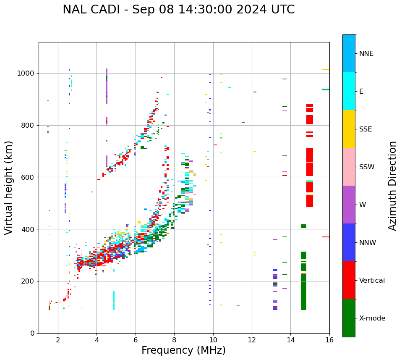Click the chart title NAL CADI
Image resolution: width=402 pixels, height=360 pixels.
178,10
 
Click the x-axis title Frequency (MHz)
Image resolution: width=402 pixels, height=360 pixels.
183,350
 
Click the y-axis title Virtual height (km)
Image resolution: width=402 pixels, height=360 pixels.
9,187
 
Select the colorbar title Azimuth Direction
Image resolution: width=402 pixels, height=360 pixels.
392,186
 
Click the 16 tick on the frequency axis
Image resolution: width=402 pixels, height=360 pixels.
329,340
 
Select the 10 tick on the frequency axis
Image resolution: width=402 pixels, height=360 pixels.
213,340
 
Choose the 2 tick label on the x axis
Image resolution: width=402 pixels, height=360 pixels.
58,340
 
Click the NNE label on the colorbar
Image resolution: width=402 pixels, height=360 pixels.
366,54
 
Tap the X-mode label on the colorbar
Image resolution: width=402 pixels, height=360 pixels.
372,318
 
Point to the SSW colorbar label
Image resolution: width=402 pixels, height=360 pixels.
366,167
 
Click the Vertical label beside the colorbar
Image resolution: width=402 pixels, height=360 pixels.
372,281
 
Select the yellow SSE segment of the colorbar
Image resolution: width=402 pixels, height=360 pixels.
349,129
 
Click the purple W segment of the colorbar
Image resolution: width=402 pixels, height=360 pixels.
349,205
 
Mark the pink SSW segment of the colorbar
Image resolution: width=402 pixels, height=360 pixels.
349,167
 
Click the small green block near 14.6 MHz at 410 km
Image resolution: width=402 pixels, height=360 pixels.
303,226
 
